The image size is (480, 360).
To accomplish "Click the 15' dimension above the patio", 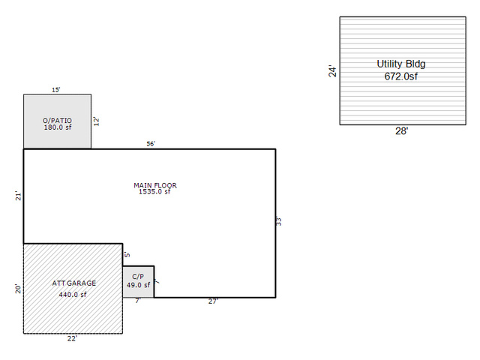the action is (56, 90).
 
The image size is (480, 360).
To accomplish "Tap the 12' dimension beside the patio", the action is (97, 121).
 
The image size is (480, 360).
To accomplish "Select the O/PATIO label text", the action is (57, 121).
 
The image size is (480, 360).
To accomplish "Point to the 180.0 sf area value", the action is (58, 127).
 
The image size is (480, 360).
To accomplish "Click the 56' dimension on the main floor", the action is (151, 143).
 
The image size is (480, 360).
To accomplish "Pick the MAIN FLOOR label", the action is (155, 185).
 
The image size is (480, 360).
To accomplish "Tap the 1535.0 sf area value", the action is (154, 192).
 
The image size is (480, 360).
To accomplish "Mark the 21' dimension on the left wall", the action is (19, 196).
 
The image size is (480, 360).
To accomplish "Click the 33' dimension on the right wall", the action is (278, 221).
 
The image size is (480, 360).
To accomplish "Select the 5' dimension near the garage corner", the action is (127, 254).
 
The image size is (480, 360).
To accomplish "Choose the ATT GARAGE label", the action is (74, 283).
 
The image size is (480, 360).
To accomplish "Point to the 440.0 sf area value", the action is (73, 295).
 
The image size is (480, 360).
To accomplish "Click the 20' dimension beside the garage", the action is (18, 289).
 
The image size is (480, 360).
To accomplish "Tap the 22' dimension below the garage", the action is (72, 338).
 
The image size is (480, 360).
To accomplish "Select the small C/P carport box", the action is (138, 282).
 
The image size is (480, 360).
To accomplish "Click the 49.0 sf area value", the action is (138, 285).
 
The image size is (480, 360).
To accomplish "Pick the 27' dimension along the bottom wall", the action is (213, 301).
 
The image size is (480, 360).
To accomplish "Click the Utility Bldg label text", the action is (401, 64).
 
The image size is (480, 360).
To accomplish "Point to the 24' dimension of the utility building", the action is (332, 70).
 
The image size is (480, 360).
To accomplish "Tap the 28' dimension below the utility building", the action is (402, 131).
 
